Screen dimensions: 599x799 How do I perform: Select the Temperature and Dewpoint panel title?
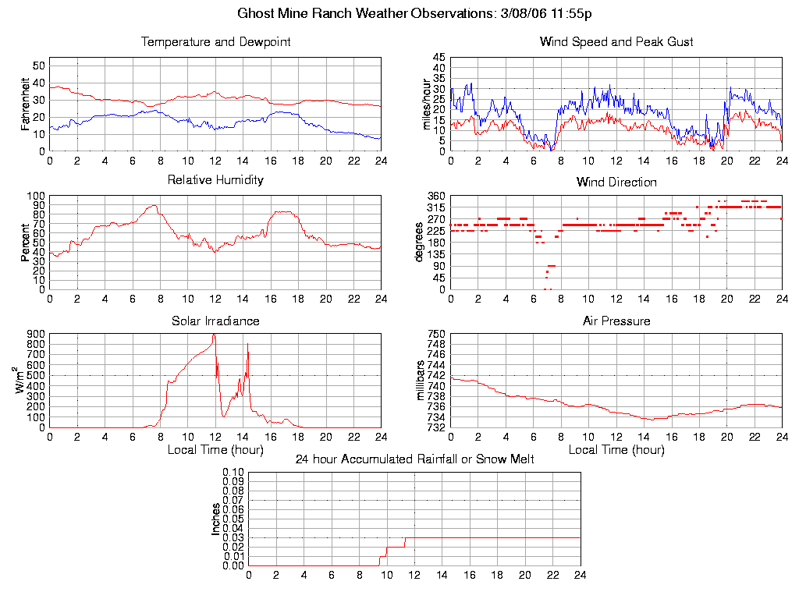click(x=215, y=42)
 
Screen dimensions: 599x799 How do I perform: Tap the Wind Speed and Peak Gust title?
click(x=616, y=42)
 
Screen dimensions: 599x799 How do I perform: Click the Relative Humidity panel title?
click(x=215, y=180)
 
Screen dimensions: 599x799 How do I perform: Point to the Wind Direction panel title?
click(x=616, y=183)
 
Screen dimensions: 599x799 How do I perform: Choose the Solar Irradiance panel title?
click(x=215, y=321)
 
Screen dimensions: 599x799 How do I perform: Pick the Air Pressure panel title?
click(x=616, y=321)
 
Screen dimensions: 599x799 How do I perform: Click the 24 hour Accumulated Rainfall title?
click(x=414, y=459)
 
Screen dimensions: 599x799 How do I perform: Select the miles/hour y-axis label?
click(x=426, y=104)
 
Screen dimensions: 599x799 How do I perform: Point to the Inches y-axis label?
click(x=216, y=519)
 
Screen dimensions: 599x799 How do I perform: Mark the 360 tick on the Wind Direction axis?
click(x=435, y=196)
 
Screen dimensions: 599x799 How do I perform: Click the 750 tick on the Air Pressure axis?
click(x=435, y=334)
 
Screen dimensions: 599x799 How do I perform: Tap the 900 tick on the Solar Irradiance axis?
click(x=36, y=334)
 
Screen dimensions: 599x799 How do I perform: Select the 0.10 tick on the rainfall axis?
click(x=234, y=472)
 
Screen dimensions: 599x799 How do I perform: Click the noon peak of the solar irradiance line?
click(x=214, y=335)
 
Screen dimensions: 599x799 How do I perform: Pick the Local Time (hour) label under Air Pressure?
click(x=616, y=450)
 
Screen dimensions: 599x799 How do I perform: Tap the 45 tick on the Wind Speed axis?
click(x=438, y=58)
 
